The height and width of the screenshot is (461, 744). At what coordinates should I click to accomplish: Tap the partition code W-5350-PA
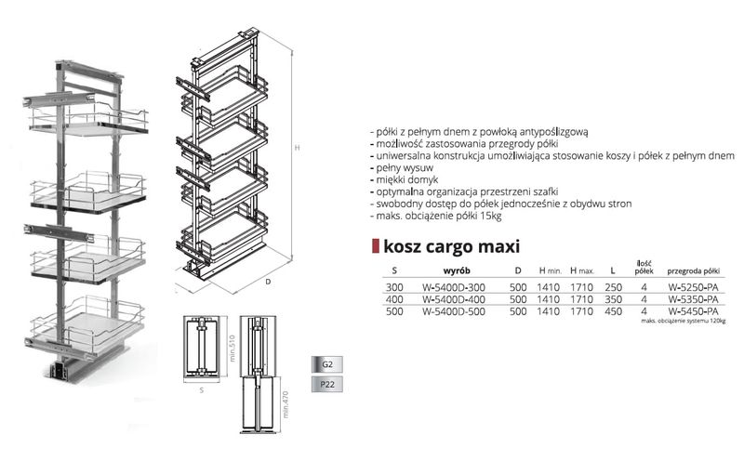[693, 299]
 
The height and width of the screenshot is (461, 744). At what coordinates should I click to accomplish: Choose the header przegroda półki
[693, 270]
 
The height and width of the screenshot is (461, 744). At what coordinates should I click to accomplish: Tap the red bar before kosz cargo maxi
[374, 246]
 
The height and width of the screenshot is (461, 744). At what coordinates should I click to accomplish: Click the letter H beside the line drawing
[297, 146]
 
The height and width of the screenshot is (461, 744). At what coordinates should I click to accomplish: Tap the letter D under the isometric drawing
[268, 278]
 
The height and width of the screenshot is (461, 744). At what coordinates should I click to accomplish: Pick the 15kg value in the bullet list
[488, 216]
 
